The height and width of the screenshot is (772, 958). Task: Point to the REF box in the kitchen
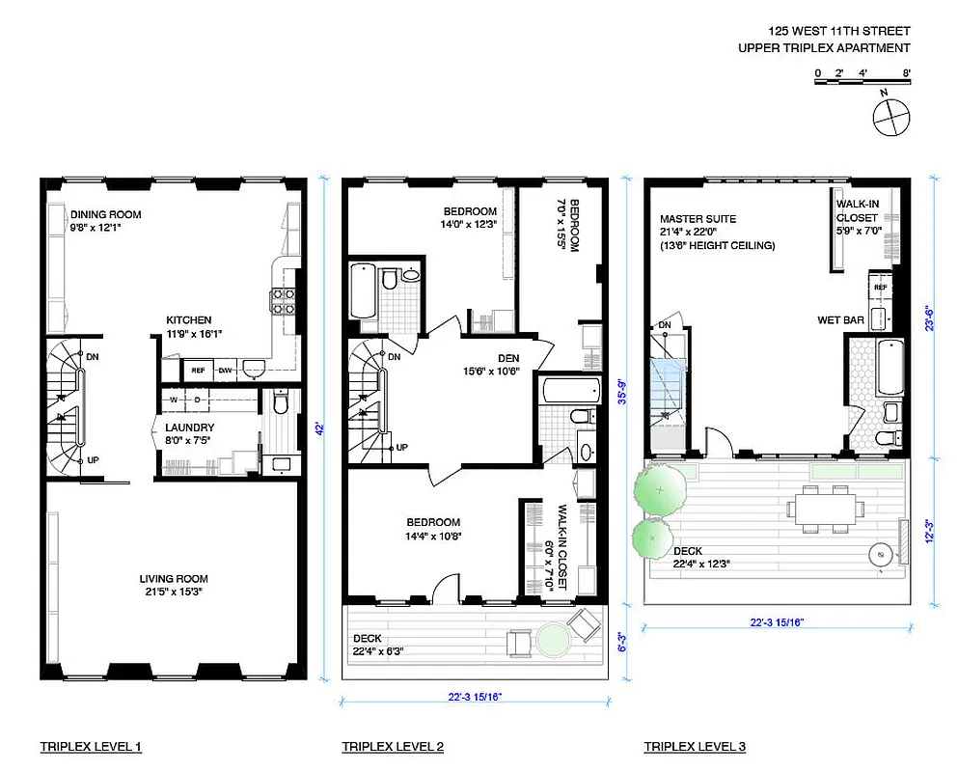click(x=198, y=370)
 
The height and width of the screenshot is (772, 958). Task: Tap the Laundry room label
click(x=189, y=434)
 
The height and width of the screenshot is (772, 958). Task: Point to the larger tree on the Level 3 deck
click(x=660, y=488)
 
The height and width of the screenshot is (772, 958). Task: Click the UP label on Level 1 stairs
click(x=93, y=460)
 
